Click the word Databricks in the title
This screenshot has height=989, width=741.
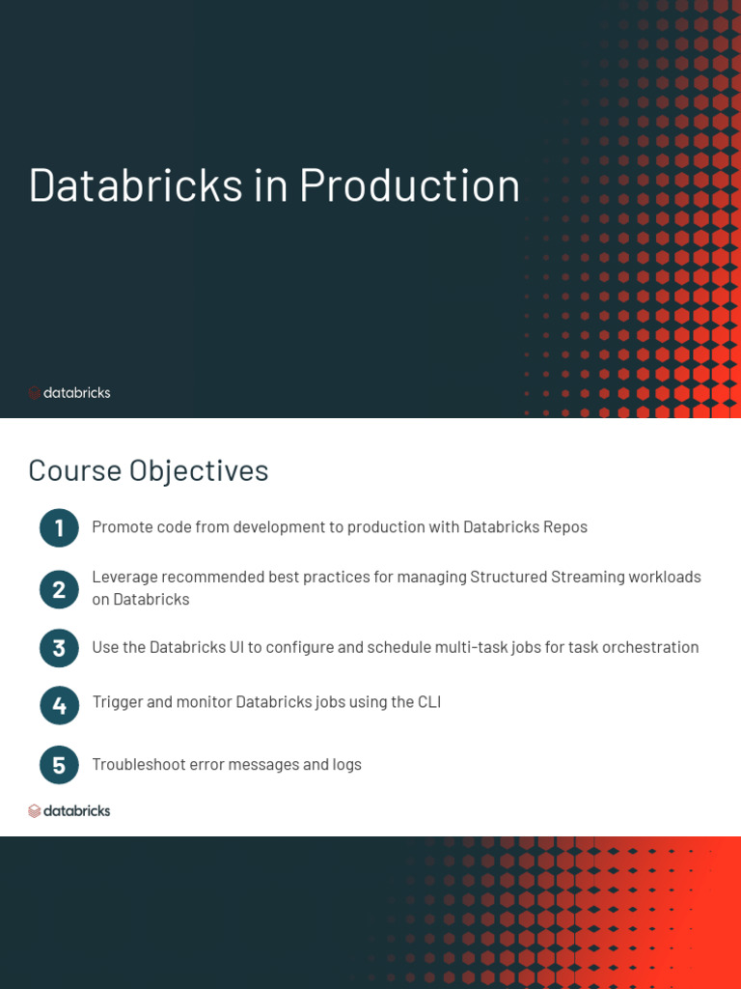click(x=136, y=184)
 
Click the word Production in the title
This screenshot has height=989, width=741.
click(x=409, y=184)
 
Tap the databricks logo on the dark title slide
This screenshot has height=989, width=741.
click(x=69, y=393)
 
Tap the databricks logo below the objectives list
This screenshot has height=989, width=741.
click(x=69, y=811)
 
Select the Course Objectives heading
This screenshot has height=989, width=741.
click(x=149, y=470)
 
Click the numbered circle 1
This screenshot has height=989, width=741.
click(x=59, y=527)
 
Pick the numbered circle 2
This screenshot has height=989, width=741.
click(x=59, y=589)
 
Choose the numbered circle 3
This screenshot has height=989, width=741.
click(x=59, y=648)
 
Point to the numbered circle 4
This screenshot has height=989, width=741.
click(x=59, y=706)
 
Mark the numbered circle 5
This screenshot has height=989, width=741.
click(x=59, y=766)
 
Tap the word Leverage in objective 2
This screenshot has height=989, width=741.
click(x=123, y=578)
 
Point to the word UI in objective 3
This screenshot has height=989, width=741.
click(x=235, y=647)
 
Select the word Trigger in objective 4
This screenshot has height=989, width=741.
click(x=117, y=702)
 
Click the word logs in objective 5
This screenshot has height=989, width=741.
click(x=345, y=765)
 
